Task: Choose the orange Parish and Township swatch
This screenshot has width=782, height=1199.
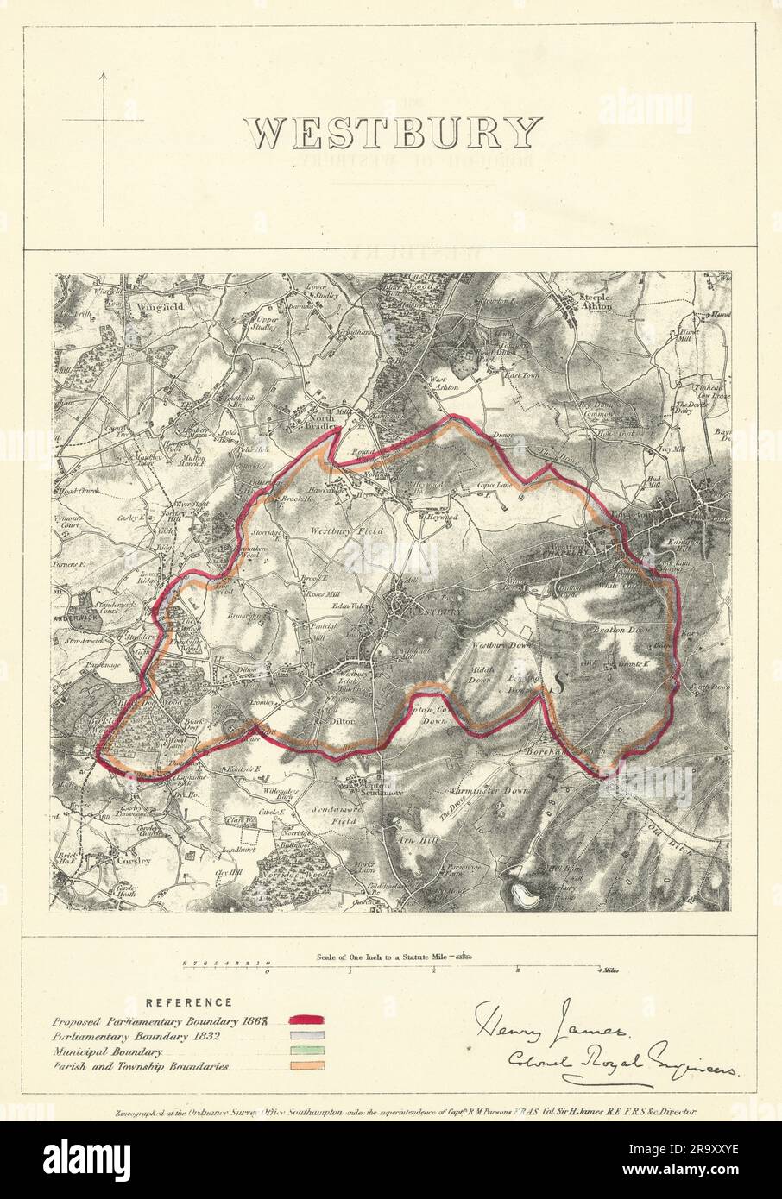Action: (x=308, y=1066)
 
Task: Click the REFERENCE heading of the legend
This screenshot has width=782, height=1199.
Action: (x=189, y=1002)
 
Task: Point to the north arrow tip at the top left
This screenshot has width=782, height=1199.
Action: (x=104, y=75)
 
